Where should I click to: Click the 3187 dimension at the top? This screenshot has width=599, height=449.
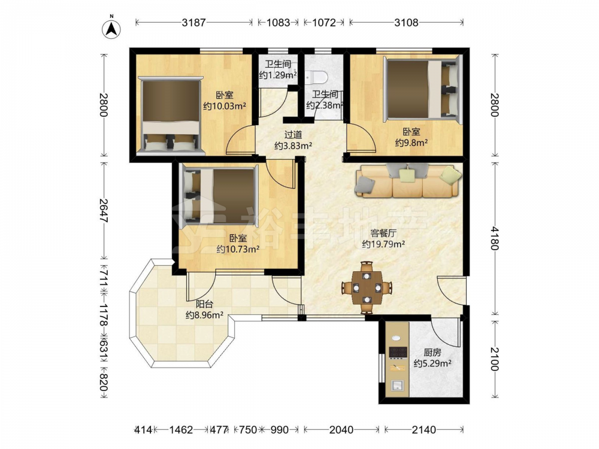tap(193, 23)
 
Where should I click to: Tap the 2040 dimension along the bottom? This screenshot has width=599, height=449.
tap(341, 430)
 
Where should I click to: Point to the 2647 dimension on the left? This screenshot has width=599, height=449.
tap(103, 210)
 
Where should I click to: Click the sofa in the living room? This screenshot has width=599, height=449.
tap(407, 181)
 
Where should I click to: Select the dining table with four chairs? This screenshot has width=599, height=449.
tap(367, 287)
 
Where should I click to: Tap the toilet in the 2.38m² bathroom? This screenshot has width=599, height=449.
tap(317, 77)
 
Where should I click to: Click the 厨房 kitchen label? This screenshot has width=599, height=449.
tap(432, 353)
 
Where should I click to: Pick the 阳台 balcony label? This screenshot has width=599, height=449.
tap(204, 304)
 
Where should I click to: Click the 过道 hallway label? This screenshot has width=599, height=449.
tap(294, 134)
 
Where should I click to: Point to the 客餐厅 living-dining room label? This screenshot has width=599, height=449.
tap(383, 232)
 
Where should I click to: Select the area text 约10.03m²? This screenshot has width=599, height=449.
tap(224, 106)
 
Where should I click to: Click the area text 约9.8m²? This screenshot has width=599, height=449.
tap(411, 143)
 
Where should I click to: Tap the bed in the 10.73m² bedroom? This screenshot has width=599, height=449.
tap(218, 194)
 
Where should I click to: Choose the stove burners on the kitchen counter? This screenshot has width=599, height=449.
tap(397, 352)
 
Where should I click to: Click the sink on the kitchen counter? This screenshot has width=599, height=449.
tap(397, 386)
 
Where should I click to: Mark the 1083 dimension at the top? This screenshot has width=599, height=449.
tap(278, 23)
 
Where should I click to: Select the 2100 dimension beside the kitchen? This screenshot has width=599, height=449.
tap(495, 359)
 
